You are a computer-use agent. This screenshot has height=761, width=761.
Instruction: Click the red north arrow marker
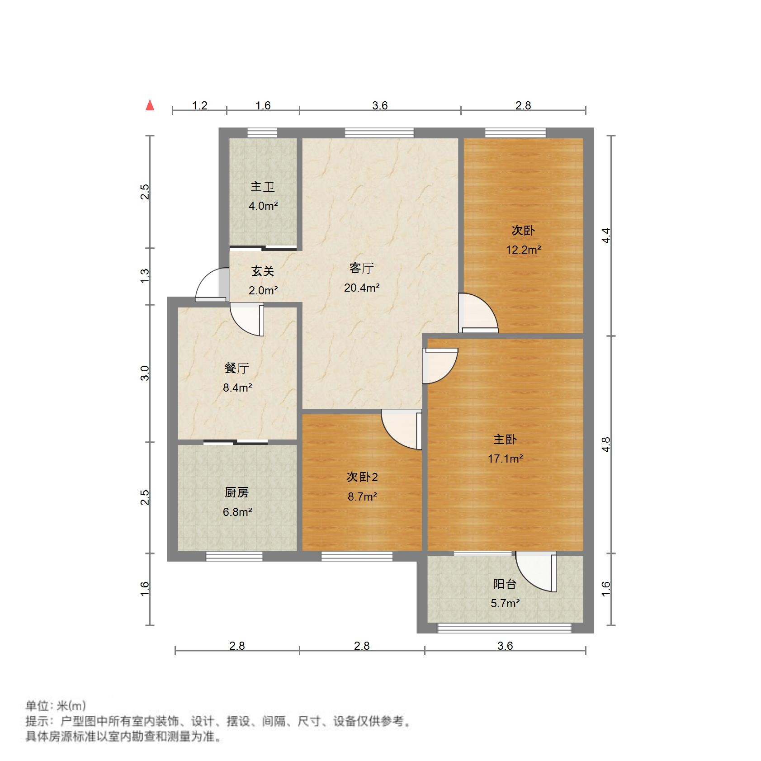150,106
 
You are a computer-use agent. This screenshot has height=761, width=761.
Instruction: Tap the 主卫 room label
263,187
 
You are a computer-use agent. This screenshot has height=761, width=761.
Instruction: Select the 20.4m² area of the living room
362,288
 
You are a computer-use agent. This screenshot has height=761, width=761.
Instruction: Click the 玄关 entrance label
263,271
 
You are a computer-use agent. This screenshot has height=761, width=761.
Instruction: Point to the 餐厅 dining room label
236,369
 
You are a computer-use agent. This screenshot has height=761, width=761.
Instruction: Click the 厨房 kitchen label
236,492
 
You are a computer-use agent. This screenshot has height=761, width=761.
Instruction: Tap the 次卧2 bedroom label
362,477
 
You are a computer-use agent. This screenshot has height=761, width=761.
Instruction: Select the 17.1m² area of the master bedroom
505,458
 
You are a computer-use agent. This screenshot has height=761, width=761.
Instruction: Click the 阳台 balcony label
505,584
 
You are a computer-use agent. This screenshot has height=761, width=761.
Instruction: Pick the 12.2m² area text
523,250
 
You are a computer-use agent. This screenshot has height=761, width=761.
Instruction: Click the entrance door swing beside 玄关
211,285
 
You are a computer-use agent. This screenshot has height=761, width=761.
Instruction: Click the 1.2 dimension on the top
199,106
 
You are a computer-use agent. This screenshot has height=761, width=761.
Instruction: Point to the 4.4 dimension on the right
606,236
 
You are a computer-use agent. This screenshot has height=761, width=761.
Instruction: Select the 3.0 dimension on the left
145,373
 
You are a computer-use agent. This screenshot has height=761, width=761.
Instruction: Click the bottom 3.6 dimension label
505,646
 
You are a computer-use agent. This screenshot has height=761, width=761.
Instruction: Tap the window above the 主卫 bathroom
262,133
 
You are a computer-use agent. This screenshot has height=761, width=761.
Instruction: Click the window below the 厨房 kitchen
234,557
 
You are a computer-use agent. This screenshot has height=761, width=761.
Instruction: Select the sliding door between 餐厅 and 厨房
236,442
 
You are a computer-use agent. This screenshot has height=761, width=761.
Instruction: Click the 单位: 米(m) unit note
55,706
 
